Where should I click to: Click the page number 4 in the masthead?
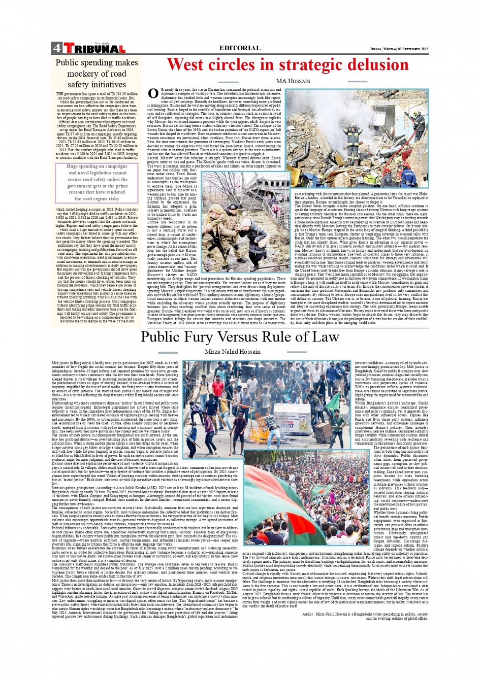pyautogui.click(x=56, y=49)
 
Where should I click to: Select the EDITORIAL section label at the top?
pyautogui.click(x=240, y=48)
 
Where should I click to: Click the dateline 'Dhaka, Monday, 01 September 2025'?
pyautogui.click(x=399, y=49)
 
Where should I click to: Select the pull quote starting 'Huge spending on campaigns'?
pyautogui.click(x=97, y=182)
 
